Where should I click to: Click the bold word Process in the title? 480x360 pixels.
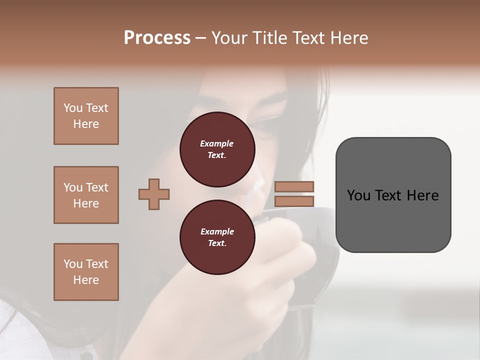pos(157,38)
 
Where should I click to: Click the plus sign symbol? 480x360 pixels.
pos(154,193)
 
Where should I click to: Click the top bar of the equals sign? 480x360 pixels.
pos(294,186)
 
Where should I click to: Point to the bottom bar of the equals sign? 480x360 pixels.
pos(294,201)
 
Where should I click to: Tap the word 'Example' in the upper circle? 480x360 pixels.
pos(217,143)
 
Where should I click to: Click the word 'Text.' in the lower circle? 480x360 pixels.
pos(217,243)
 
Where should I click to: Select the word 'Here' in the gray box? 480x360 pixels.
pos(422,195)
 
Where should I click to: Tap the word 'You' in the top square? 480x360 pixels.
pos(72,108)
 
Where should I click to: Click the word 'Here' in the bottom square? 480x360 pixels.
pos(86,280)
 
